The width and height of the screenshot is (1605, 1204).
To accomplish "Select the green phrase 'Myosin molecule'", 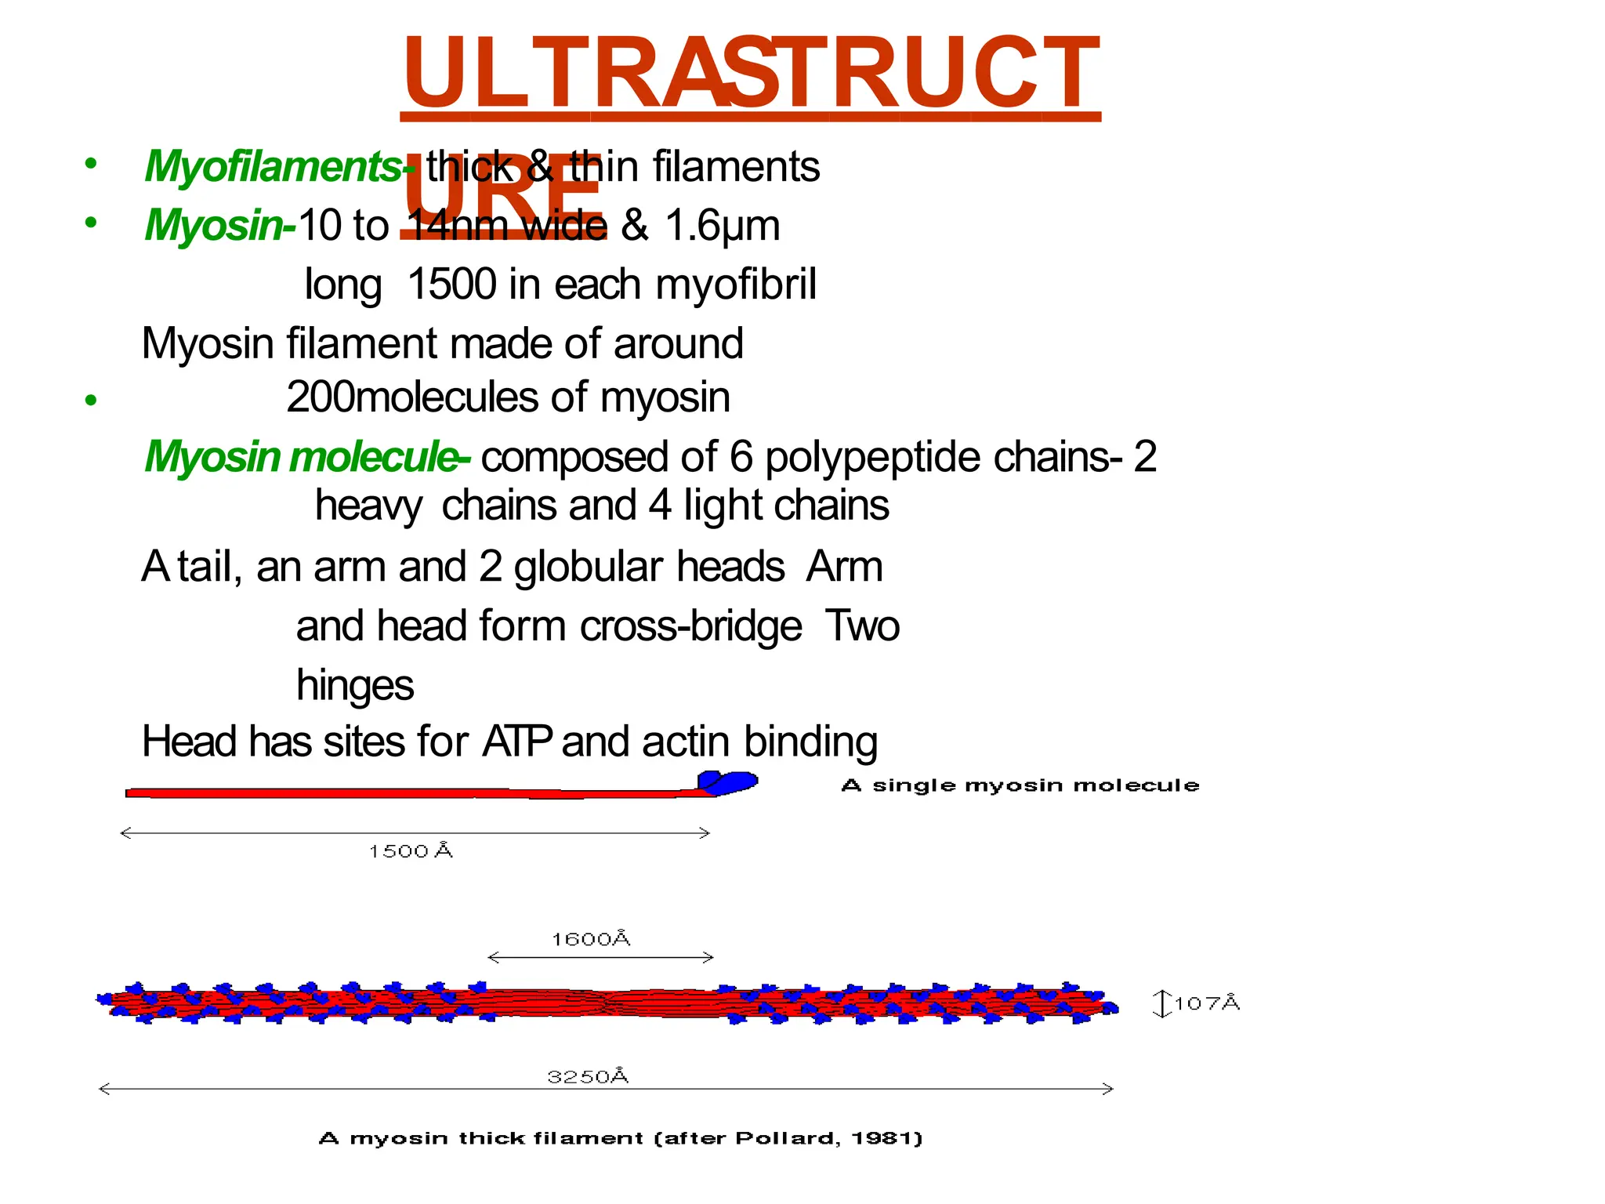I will click(302, 456).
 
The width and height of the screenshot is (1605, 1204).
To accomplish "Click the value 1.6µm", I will click(722, 226).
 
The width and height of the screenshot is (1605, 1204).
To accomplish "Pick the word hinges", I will click(355, 684).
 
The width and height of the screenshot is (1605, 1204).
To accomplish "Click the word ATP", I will click(517, 742).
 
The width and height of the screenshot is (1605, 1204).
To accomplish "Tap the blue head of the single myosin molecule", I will click(729, 782).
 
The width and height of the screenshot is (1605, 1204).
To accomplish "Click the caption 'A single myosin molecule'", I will click(1020, 785).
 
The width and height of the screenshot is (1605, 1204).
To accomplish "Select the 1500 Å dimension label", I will click(411, 851).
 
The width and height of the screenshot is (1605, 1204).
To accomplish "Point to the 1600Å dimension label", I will click(591, 939).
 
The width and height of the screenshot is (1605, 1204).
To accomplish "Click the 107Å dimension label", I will click(1207, 1003).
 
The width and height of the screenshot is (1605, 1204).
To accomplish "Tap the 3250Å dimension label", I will click(588, 1077).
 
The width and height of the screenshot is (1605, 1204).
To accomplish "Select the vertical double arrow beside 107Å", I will click(1162, 1003).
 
